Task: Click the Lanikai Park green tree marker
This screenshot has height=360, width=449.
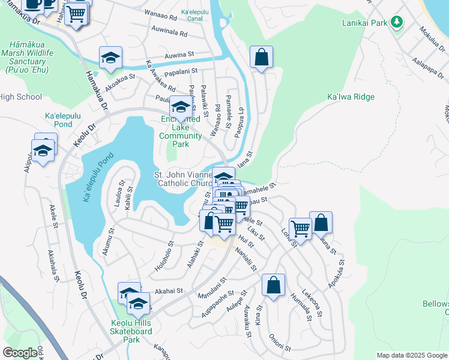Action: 396,22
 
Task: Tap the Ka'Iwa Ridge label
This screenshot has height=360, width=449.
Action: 351,97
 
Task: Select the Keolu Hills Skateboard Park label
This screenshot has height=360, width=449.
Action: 131,332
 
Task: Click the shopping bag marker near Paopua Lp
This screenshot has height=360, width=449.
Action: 261,58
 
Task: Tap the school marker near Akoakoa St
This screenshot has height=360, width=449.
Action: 110,58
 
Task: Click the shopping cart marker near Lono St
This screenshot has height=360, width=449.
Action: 300,228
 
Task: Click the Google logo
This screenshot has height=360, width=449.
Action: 20,353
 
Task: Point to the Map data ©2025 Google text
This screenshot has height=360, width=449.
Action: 411,355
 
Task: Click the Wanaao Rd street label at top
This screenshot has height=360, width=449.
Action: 162,13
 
